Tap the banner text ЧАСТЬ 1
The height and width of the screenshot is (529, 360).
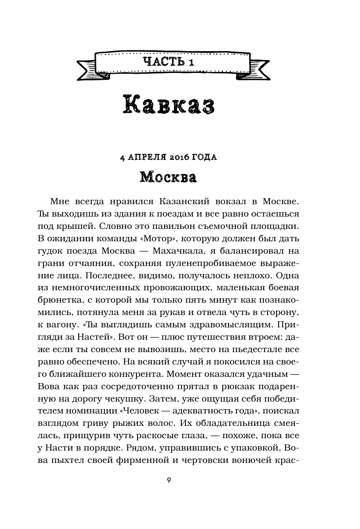169,62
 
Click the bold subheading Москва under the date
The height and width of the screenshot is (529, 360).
169,176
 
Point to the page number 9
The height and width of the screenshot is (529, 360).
169,480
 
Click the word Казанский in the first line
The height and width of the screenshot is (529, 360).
179,200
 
